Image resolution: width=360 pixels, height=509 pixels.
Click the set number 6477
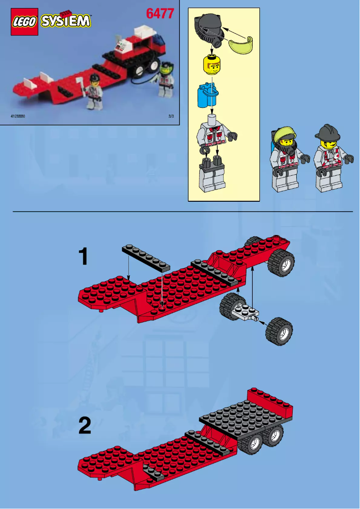pyautogui.click(x=159, y=13)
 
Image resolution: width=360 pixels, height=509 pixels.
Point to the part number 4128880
pyautogui.click(x=18, y=116)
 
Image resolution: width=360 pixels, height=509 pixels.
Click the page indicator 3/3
pyautogui.click(x=171, y=116)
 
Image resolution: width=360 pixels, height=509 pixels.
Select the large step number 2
pyautogui.click(x=85, y=425)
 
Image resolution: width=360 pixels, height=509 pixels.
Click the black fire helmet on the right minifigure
pyautogui.click(x=327, y=132)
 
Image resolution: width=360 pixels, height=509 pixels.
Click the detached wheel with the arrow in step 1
pyautogui.click(x=279, y=332)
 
